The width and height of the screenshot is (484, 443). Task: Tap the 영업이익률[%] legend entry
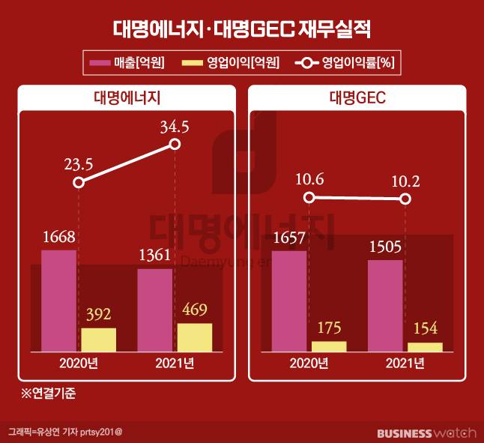(x=345, y=64)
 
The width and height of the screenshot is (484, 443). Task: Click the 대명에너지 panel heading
(x=128, y=98)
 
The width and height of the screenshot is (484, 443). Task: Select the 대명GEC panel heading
(x=357, y=98)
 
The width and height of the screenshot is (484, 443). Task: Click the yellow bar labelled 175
(x=329, y=346)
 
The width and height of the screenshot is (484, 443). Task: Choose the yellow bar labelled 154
(x=425, y=347)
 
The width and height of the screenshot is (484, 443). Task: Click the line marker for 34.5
(x=175, y=144)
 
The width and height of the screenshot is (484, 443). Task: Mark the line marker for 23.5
(x=79, y=182)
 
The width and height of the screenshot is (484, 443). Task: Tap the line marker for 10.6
(x=309, y=198)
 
